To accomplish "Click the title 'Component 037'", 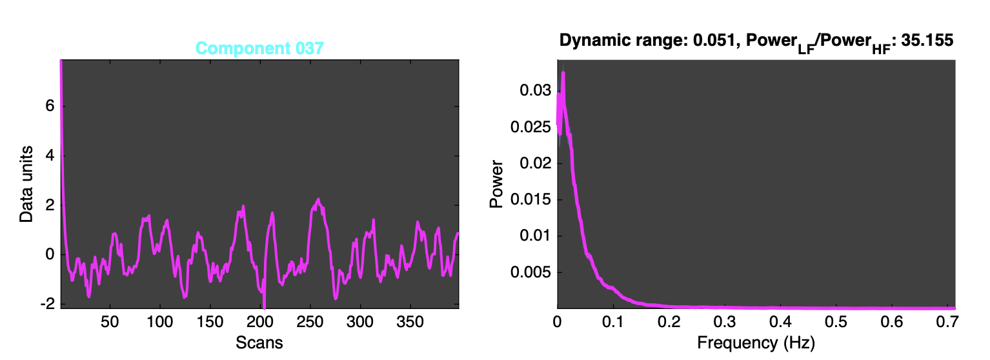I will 259,48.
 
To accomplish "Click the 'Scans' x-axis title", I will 259,342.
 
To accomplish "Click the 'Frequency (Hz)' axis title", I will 756,343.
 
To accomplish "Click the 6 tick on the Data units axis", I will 48,106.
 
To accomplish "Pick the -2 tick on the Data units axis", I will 46,304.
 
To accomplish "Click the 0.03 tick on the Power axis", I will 532,91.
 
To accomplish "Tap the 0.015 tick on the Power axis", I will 529,200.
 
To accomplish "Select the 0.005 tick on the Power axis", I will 529,273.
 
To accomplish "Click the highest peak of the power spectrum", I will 563,72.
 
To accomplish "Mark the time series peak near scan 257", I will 318,199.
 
